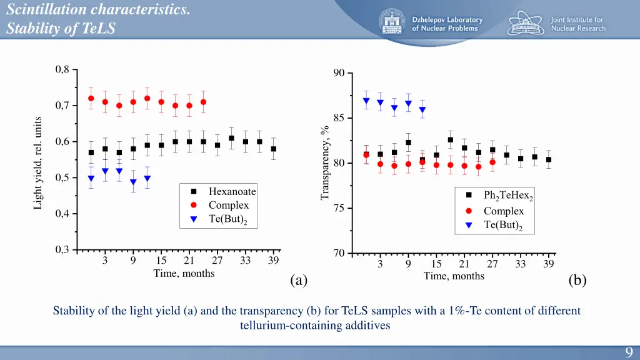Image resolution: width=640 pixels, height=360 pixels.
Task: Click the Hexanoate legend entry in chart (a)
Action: click(232, 191)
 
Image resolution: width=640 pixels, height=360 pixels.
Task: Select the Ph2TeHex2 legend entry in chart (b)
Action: click(508, 196)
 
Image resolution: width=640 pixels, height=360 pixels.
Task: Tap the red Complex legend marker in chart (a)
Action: click(194, 205)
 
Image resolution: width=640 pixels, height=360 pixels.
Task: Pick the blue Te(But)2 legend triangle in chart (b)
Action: click(469, 225)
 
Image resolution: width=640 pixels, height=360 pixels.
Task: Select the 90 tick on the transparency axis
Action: click(339, 73)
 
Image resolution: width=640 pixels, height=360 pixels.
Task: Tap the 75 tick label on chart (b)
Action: click(339, 208)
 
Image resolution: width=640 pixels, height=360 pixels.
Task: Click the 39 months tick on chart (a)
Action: click(273, 261)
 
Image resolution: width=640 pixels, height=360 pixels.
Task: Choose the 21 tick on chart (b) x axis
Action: click(464, 264)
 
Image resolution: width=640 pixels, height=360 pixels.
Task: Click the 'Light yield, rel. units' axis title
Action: click(38, 162)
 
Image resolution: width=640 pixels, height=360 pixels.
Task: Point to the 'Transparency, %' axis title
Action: click(325, 163)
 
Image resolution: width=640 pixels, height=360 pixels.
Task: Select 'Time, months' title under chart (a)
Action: click(184, 273)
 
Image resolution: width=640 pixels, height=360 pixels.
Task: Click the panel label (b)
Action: click(577, 280)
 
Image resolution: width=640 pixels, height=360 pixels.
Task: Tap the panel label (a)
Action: click(299, 280)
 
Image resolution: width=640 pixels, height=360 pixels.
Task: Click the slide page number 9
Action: click(628, 352)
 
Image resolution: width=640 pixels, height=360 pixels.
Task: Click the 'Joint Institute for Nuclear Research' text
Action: click(577, 24)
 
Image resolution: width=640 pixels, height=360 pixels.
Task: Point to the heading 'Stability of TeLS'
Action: click(61, 29)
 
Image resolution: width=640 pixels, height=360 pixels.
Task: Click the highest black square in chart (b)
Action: click(450, 140)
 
